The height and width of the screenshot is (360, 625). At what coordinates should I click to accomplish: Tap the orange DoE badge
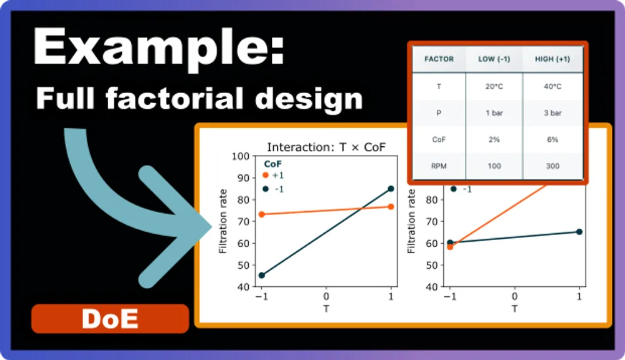(x=110, y=319)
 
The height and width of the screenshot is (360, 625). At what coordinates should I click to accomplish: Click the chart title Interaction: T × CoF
(x=326, y=147)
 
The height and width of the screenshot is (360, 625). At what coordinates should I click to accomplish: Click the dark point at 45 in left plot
(x=261, y=275)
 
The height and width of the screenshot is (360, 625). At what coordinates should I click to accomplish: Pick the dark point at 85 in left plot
(x=391, y=188)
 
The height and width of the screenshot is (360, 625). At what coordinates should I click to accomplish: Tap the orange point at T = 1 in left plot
(x=391, y=206)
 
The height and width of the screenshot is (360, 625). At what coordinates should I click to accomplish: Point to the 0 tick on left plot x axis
(x=326, y=297)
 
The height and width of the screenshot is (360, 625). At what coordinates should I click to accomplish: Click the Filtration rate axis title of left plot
(x=223, y=221)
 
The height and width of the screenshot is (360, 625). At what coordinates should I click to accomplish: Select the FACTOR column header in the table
(x=439, y=59)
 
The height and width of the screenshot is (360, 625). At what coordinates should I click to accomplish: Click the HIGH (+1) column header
(x=552, y=59)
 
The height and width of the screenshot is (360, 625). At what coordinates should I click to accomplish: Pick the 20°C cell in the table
(x=494, y=87)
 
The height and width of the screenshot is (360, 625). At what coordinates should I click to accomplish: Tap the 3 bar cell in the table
(x=552, y=113)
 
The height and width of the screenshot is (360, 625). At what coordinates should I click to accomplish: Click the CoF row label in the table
(x=439, y=139)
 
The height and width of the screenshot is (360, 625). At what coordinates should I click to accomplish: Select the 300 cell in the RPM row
(x=552, y=166)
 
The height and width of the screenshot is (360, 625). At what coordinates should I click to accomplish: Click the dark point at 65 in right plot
(x=579, y=232)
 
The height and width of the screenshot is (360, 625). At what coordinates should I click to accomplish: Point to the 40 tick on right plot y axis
(x=430, y=287)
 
